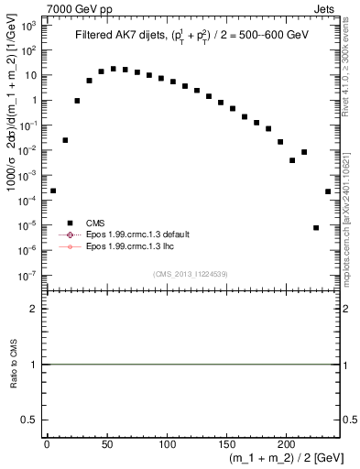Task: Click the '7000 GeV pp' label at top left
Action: [x=81, y=8]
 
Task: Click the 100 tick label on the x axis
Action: [x=167, y=444]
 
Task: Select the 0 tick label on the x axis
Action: [x=47, y=444]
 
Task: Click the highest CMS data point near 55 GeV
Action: [x=113, y=69]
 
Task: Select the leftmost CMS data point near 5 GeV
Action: [x=53, y=191]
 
